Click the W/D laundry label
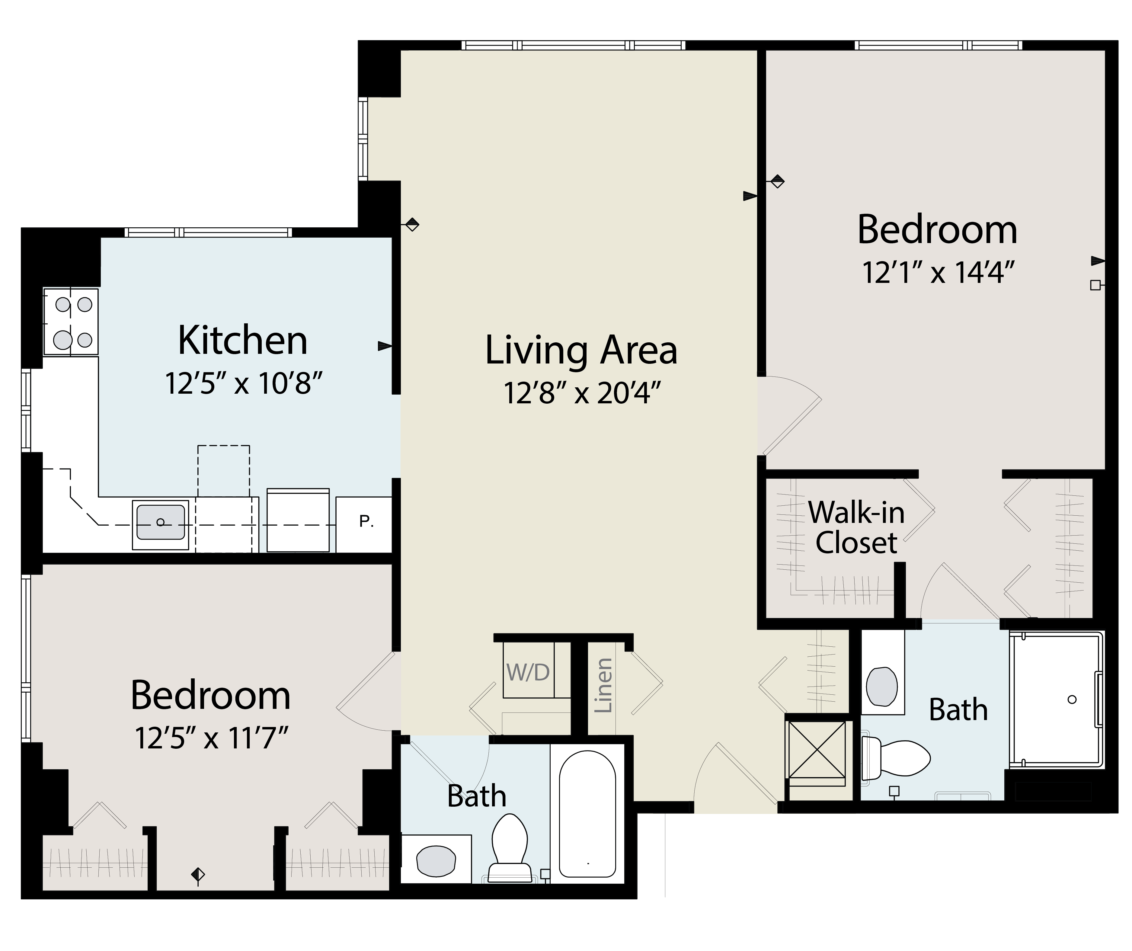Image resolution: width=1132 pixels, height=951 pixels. [528, 672]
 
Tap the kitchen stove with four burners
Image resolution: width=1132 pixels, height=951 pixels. [71, 322]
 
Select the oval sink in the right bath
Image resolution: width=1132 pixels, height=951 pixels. [882, 687]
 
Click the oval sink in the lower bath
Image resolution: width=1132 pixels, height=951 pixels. [436, 861]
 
